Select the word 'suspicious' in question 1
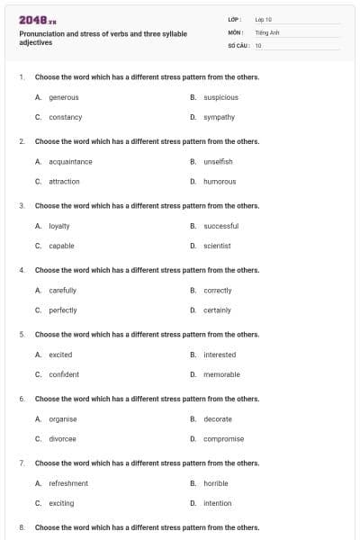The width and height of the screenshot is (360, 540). click(x=220, y=97)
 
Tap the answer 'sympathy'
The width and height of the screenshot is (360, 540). click(x=219, y=117)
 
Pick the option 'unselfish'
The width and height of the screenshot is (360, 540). click(x=218, y=162)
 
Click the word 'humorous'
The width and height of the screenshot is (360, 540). click(x=220, y=182)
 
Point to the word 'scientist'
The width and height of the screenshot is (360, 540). click(x=217, y=246)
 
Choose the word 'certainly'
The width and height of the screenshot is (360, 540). click(x=217, y=310)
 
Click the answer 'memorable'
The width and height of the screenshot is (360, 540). click(x=221, y=374)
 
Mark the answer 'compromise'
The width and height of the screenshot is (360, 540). click(x=223, y=439)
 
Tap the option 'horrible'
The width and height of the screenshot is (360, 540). click(x=216, y=483)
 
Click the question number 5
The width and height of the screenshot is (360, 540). click(x=21, y=335)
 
